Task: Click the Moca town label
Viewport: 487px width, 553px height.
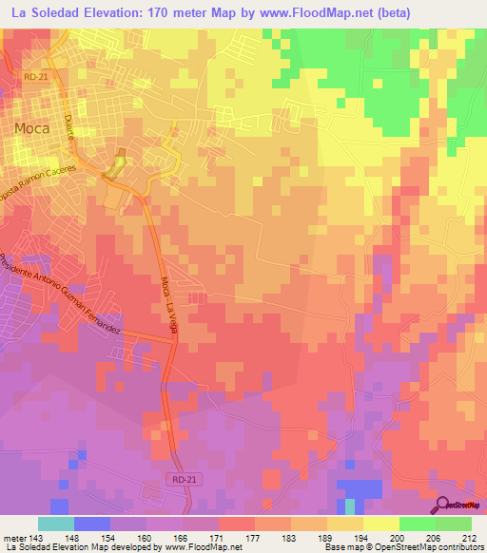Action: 31,126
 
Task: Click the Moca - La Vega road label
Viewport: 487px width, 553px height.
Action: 175,296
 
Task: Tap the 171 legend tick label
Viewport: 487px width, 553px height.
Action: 219,536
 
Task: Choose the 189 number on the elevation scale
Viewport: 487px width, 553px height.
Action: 327,536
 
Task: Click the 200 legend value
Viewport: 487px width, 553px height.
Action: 399,536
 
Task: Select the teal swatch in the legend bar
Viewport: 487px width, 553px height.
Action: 56,524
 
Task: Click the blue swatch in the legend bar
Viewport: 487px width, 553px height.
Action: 92,524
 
